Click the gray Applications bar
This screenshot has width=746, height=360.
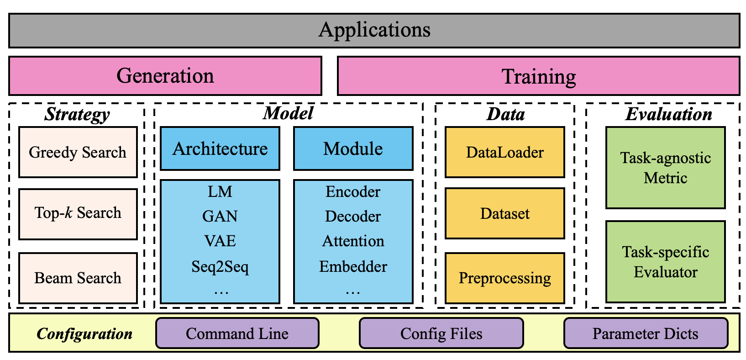374,30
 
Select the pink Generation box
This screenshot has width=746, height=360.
165,76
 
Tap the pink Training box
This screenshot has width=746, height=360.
538,76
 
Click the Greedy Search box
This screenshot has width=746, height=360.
78,152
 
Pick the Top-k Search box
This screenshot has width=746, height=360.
78,213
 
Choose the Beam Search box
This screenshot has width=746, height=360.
78,278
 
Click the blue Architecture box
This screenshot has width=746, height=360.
220,149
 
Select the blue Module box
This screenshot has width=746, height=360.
353,149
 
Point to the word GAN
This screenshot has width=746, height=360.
220,216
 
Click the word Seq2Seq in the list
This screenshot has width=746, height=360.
220,266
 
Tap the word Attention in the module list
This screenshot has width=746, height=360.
353,241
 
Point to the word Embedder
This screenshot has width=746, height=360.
353,266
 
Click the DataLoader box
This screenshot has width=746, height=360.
504,152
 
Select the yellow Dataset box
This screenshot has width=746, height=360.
504,213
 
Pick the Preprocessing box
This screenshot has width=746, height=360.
504,278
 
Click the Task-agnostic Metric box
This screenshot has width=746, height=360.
665,168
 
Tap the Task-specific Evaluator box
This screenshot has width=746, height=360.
665,262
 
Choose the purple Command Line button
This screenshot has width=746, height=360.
237,334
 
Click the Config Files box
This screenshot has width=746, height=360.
441,334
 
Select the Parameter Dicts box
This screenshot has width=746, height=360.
645,334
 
